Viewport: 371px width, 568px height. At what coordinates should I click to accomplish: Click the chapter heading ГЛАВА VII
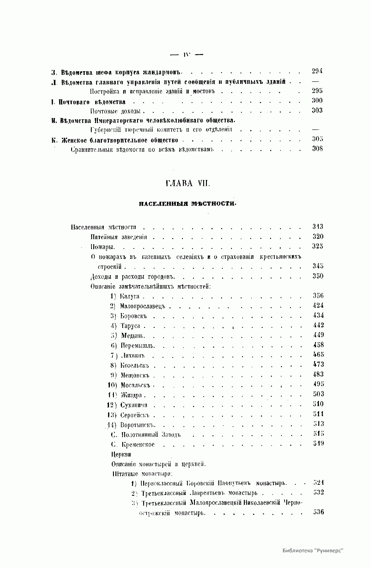[188, 183]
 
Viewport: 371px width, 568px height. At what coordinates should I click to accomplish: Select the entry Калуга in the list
[130, 296]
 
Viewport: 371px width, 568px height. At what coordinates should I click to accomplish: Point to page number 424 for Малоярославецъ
[318, 305]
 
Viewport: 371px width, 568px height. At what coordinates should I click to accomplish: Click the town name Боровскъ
[134, 316]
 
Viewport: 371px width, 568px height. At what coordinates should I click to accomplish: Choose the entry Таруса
[130, 326]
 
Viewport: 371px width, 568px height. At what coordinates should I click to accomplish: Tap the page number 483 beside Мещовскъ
[318, 374]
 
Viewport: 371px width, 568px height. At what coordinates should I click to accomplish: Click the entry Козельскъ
[135, 366]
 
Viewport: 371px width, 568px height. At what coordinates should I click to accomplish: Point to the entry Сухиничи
[134, 405]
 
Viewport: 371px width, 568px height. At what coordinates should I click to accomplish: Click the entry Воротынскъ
[137, 425]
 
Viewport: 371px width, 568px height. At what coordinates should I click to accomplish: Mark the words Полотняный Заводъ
[151, 435]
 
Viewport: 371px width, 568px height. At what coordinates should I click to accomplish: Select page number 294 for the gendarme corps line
[317, 71]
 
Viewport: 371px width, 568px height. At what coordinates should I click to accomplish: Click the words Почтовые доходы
[115, 111]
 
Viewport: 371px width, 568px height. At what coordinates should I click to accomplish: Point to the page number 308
[317, 149]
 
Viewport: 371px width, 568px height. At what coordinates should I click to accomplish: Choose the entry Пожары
[103, 247]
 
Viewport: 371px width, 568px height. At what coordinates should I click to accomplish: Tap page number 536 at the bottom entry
[318, 512]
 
